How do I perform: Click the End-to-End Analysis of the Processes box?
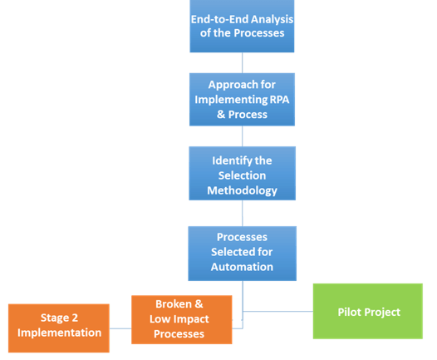242,26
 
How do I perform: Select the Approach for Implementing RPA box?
242,99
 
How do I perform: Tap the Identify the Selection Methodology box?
243,173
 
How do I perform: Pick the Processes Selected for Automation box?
243,254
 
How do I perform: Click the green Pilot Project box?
368,311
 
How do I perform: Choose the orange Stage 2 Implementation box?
59,328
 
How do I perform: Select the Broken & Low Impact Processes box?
182,319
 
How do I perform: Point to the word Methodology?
242,191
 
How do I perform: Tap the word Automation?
242,267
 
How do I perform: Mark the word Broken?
174,304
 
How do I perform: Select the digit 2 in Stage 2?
75,318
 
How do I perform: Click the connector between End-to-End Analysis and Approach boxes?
243,62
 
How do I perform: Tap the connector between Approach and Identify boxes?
243,136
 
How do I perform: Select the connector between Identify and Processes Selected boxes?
243,214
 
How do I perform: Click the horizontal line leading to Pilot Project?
277,311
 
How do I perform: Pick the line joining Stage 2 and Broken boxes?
120,328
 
